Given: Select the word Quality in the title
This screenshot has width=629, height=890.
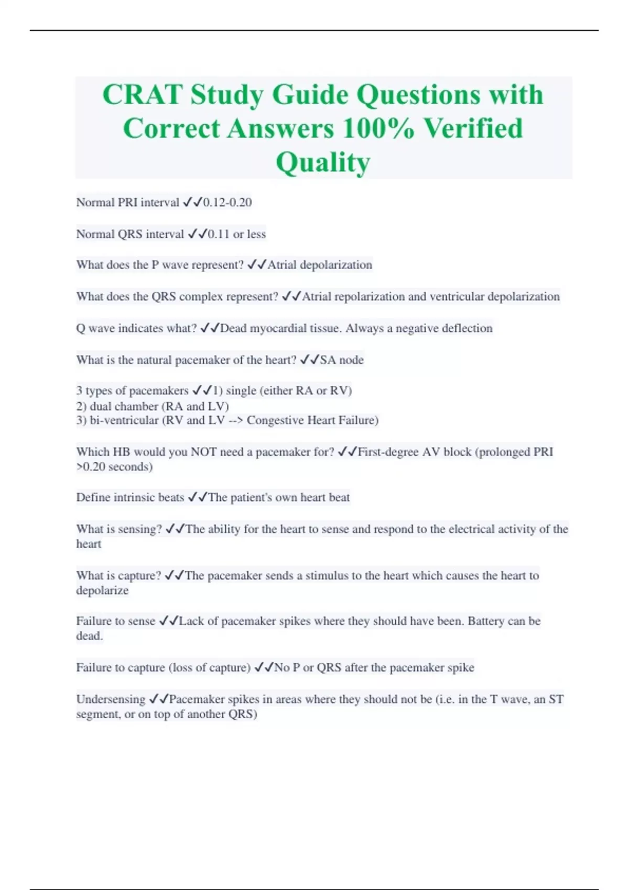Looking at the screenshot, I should point(323,162).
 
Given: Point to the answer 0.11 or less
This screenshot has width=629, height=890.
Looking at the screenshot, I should point(237,234).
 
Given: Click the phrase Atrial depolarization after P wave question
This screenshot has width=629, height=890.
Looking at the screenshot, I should point(320,265).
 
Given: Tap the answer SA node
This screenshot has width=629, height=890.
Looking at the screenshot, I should point(342,360).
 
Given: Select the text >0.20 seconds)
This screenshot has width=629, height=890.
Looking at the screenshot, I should point(114,466).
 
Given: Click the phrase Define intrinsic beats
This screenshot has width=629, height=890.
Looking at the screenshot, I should point(130,497).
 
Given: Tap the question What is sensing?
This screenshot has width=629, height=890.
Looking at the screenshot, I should point(119,529).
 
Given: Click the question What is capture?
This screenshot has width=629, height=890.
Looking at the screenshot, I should point(118,575).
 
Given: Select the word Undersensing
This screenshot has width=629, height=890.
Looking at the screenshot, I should point(111,699).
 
